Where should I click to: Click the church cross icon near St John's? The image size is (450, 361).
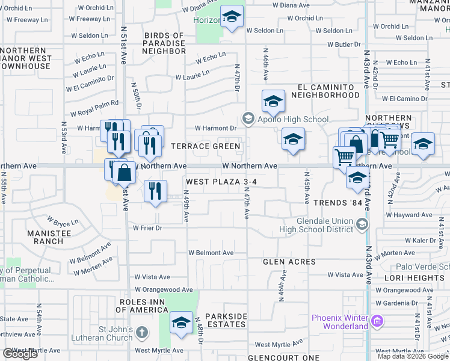(141, 332)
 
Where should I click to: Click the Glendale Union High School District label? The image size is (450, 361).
(317, 224)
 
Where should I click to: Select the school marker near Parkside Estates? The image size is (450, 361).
(180, 323)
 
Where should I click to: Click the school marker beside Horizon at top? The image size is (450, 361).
(231, 17)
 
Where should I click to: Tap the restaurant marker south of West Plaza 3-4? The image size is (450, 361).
(156, 191)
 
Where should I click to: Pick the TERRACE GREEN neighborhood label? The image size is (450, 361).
(206, 146)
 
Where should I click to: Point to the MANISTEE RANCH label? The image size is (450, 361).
(45, 236)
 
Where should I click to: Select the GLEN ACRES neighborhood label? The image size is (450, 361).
(289, 262)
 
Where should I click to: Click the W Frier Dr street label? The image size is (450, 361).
(147, 228)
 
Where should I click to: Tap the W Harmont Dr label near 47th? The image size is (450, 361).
(215, 128)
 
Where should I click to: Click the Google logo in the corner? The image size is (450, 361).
(20, 354)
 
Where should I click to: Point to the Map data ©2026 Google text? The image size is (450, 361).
(412, 356)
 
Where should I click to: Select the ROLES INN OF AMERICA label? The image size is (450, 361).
(142, 306)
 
